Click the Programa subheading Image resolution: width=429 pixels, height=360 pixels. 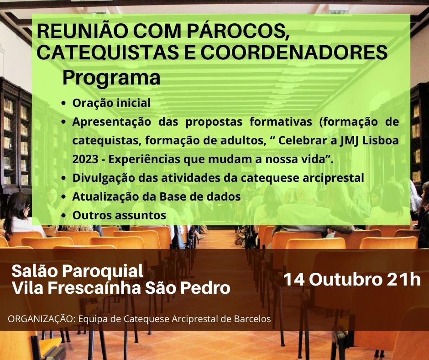[111, 79]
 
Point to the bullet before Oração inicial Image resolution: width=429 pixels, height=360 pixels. [64, 104]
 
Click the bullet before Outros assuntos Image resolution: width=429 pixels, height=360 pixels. [64, 216]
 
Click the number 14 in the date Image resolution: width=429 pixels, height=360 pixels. [294, 280]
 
